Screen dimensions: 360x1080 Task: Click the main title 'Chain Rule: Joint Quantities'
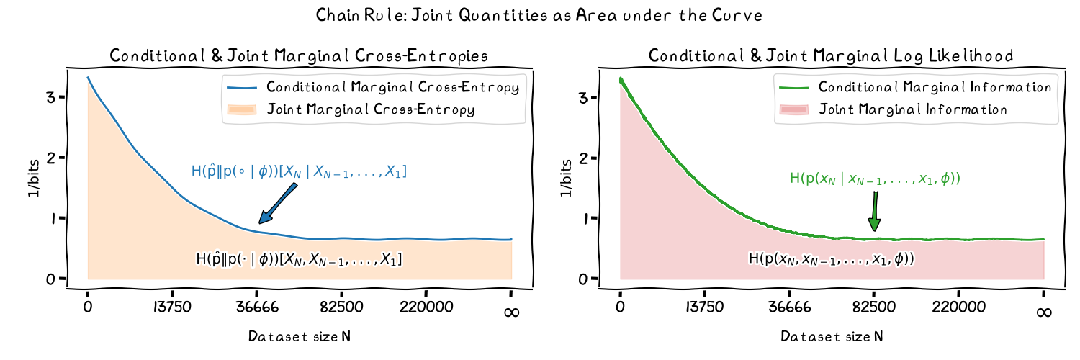540,16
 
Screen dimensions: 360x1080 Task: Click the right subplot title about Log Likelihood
832,55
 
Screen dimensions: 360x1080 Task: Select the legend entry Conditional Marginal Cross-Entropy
392,88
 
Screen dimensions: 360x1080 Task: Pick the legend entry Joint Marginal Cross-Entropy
371,110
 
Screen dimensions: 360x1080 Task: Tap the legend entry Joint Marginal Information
904,110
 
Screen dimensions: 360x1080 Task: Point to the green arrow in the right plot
876,212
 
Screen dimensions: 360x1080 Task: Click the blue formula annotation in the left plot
299,171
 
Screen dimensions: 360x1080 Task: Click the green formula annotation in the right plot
876,180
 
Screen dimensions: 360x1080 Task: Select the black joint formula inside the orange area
299,258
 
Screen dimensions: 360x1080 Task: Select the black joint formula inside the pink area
832,258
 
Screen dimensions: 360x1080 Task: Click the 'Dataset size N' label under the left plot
300,336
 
